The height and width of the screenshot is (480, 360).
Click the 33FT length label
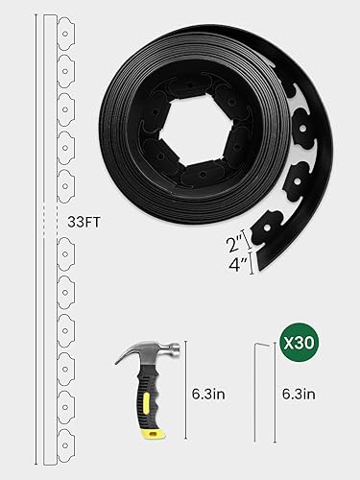click(x=84, y=222)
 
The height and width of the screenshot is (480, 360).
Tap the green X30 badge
click(x=300, y=343)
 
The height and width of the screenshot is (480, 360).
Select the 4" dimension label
click(x=238, y=265)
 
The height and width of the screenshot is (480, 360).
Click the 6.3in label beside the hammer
click(x=208, y=394)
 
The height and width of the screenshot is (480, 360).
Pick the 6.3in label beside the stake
click(x=299, y=394)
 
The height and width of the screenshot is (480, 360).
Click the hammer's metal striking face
click(x=177, y=349)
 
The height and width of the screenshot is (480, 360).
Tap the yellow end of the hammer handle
click(x=155, y=433)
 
